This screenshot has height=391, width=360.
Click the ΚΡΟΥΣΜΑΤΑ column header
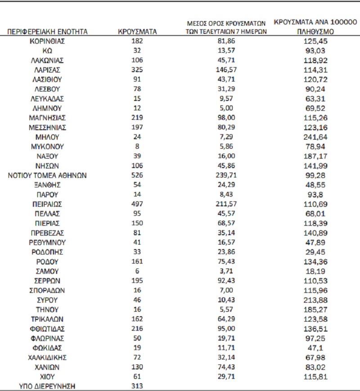[x=137, y=32]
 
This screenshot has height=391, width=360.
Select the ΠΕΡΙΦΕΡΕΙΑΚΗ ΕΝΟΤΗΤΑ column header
[x=48, y=32]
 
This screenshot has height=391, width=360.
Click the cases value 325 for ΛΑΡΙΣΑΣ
[x=137, y=70]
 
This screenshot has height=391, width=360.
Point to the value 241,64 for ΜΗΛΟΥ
[x=315, y=137]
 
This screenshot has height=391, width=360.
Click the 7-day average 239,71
[x=227, y=175]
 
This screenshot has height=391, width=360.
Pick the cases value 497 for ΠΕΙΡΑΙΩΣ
[x=137, y=204]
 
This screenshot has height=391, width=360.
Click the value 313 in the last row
[x=137, y=386]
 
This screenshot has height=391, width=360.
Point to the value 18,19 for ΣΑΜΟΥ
[x=315, y=271]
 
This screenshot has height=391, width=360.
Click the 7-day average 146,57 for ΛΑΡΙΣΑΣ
[x=227, y=70]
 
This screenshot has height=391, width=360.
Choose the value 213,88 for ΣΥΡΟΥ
[x=315, y=300]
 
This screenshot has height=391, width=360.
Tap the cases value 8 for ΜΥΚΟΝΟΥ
[x=137, y=146]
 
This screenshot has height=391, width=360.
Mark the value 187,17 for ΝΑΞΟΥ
[x=315, y=156]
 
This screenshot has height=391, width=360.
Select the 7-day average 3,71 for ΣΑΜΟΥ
[x=227, y=271]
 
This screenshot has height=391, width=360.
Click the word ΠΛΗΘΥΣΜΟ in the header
[x=315, y=32]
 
